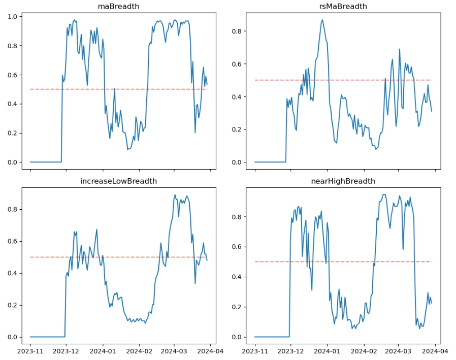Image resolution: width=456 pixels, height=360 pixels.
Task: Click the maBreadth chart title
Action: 119,7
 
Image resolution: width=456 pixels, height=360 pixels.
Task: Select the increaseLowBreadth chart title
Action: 119,181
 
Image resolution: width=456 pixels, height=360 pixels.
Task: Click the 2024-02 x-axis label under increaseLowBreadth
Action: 139,350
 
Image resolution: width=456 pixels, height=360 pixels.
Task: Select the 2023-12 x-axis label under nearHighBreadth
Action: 290,350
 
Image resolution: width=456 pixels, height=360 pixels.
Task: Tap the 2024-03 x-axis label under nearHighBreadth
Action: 398,350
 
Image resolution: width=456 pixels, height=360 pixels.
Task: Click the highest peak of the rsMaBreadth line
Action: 322,20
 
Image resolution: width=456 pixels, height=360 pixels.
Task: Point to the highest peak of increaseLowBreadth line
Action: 175,194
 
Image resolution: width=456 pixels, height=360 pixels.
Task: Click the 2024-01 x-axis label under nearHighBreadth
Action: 327,350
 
